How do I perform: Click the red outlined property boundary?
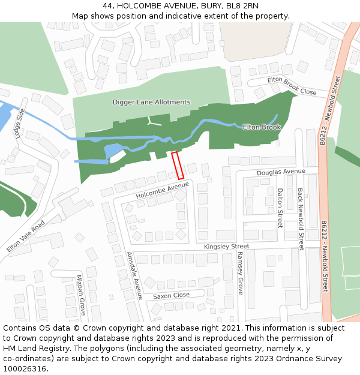[x=178, y=166]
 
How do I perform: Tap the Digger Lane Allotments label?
[x=151, y=103]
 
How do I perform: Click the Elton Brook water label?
[x=262, y=127]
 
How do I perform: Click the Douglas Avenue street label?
[x=281, y=172]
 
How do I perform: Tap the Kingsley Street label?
[x=226, y=247]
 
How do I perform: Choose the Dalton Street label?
[x=280, y=208]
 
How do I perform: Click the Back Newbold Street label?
[x=301, y=219]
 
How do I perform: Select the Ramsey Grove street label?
[x=240, y=273]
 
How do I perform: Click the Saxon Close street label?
[x=171, y=296]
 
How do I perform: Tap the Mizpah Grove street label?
[x=80, y=295]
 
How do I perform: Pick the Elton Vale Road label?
[x=26, y=236]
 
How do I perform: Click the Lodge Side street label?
[x=19, y=123]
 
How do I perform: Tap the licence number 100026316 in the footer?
[x=26, y=369]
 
